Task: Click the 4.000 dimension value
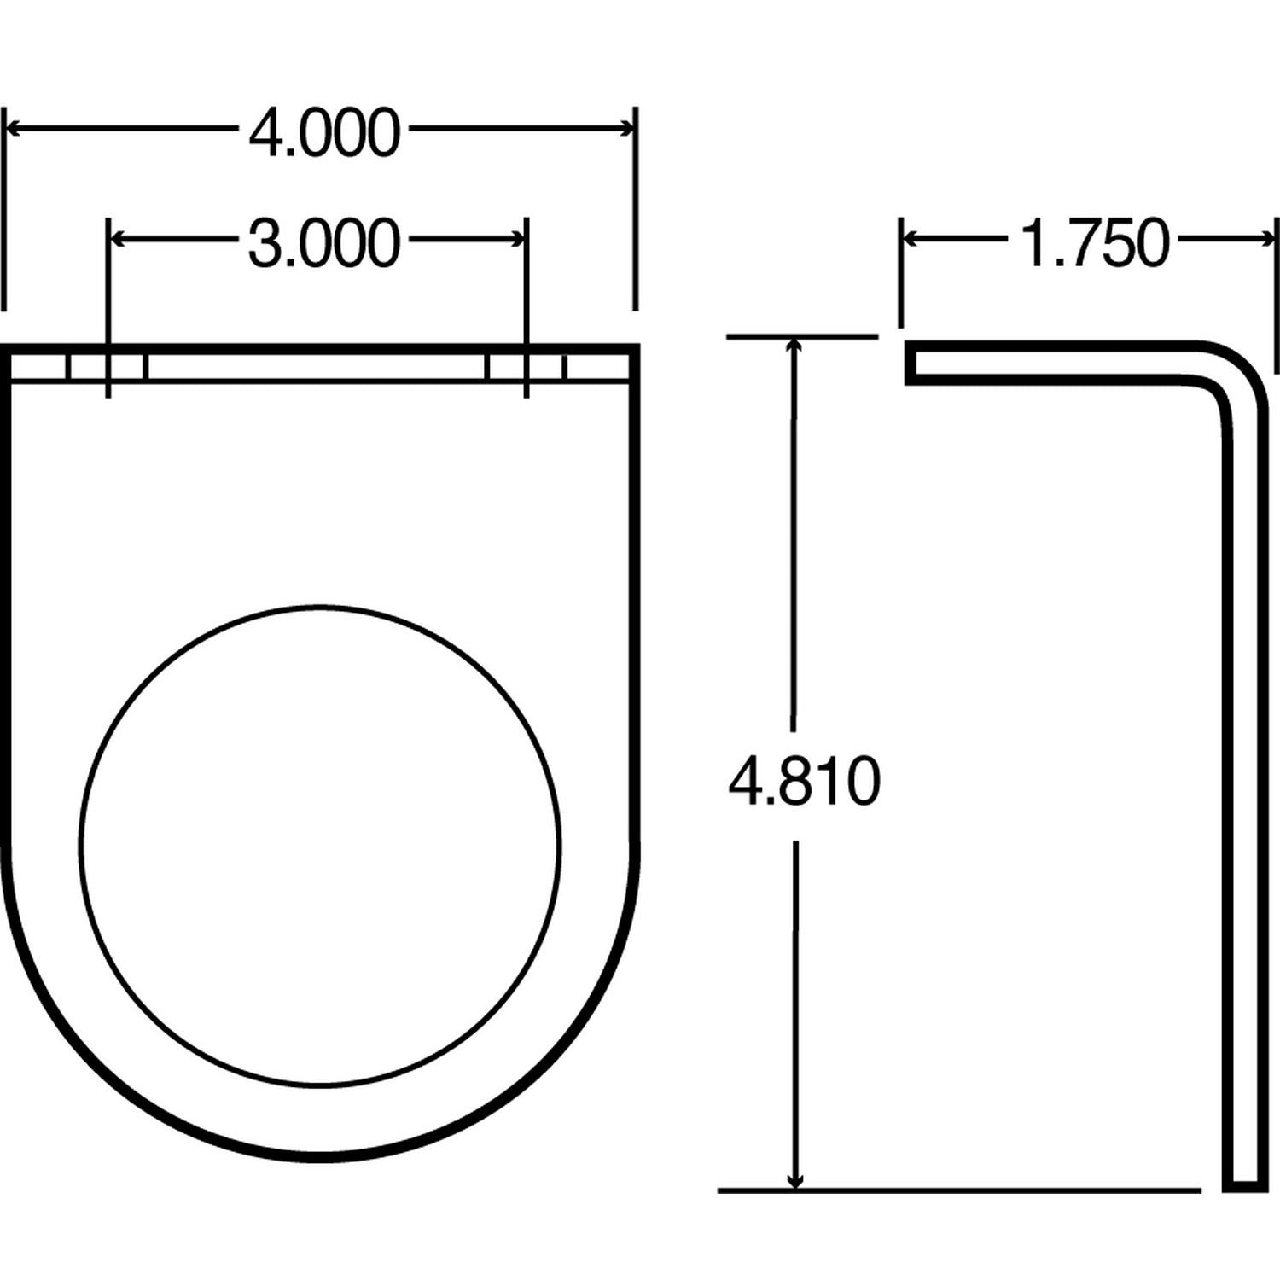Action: coord(324,133)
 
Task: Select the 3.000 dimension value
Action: coord(324,243)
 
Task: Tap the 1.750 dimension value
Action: coord(1095,243)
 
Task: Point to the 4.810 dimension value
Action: coord(804,781)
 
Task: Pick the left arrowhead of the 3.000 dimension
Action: coord(120,239)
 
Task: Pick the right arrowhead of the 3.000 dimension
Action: coord(516,239)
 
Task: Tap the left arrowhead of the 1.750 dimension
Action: coord(911,239)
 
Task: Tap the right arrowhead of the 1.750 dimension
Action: coord(1266,239)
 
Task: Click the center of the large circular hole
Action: coord(320,845)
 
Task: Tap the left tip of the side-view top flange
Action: coord(911,363)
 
